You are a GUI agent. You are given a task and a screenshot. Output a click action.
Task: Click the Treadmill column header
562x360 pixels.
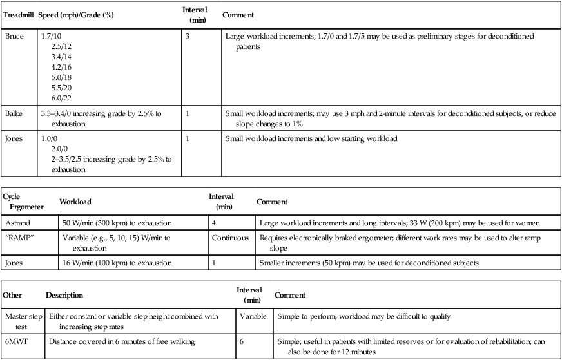(19, 14)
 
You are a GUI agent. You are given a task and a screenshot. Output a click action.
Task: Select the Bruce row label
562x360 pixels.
(14, 37)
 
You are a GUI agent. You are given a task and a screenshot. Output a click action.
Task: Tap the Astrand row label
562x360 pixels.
(17, 223)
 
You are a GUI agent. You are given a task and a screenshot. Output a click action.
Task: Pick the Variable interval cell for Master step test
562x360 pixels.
(253, 316)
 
